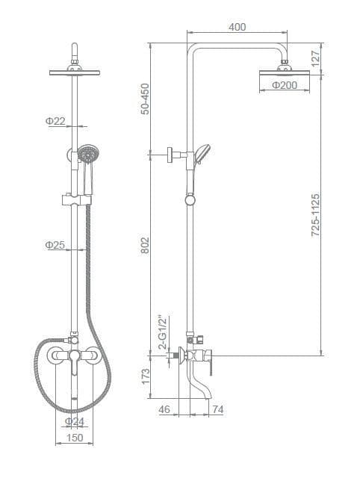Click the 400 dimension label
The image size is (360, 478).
[x=238, y=27]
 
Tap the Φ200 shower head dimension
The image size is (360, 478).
[x=285, y=85]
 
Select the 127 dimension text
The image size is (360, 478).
[x=316, y=58]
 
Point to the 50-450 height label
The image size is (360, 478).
[x=146, y=99]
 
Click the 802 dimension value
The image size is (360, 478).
[x=146, y=245]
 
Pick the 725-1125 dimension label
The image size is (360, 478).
[x=316, y=215]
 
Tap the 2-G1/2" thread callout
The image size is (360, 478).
[x=164, y=332]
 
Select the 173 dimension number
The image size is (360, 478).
[x=146, y=376]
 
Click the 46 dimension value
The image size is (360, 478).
[x=164, y=409]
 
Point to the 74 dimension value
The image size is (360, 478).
[x=218, y=409]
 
